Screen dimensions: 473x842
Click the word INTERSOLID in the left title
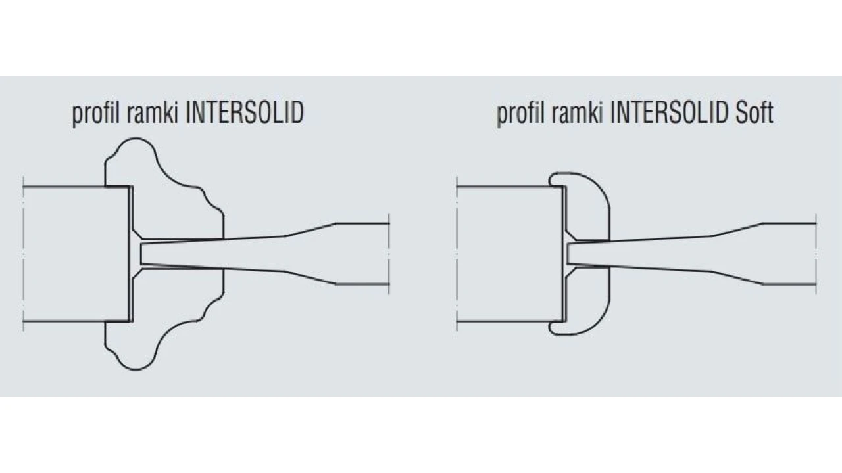click(x=245, y=113)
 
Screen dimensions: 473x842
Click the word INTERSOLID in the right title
click(x=670, y=113)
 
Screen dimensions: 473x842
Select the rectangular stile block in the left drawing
click(x=76, y=254)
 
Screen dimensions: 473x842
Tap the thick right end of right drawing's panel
click(x=789, y=254)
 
